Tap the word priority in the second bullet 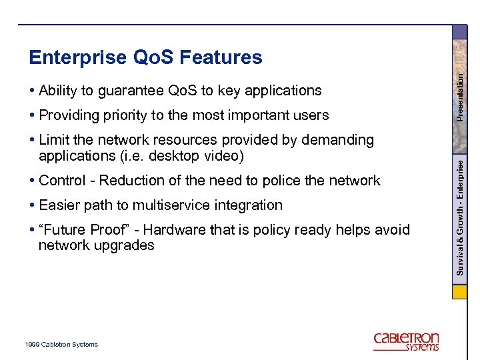point(127,115)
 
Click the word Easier point(61,205)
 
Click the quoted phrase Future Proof point(83,230)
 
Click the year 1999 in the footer point(32,345)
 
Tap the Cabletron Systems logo point(406,341)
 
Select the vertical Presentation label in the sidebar point(460,97)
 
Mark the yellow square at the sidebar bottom point(459,293)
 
